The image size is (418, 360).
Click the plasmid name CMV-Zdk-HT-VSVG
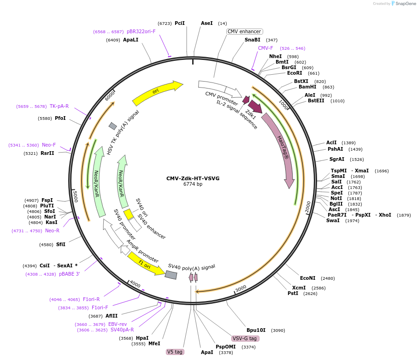pos(193,178)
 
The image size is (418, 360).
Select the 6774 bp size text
pos(193,184)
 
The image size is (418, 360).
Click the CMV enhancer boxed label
pos(244,31)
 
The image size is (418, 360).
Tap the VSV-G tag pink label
pos(245,338)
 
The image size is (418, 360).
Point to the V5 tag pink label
pos(175,352)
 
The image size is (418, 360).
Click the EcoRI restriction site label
pos(294,73)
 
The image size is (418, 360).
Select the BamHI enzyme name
pos(307,87)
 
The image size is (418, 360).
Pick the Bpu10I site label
pos(256,330)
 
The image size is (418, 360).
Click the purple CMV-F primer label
pos(265,48)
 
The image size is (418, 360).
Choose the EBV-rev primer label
pos(118,324)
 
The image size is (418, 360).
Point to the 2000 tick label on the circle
pos(307,207)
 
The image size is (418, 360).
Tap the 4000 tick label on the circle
pos(135,283)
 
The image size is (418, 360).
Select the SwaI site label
pos(333,220)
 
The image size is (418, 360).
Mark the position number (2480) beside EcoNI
pos(328,278)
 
